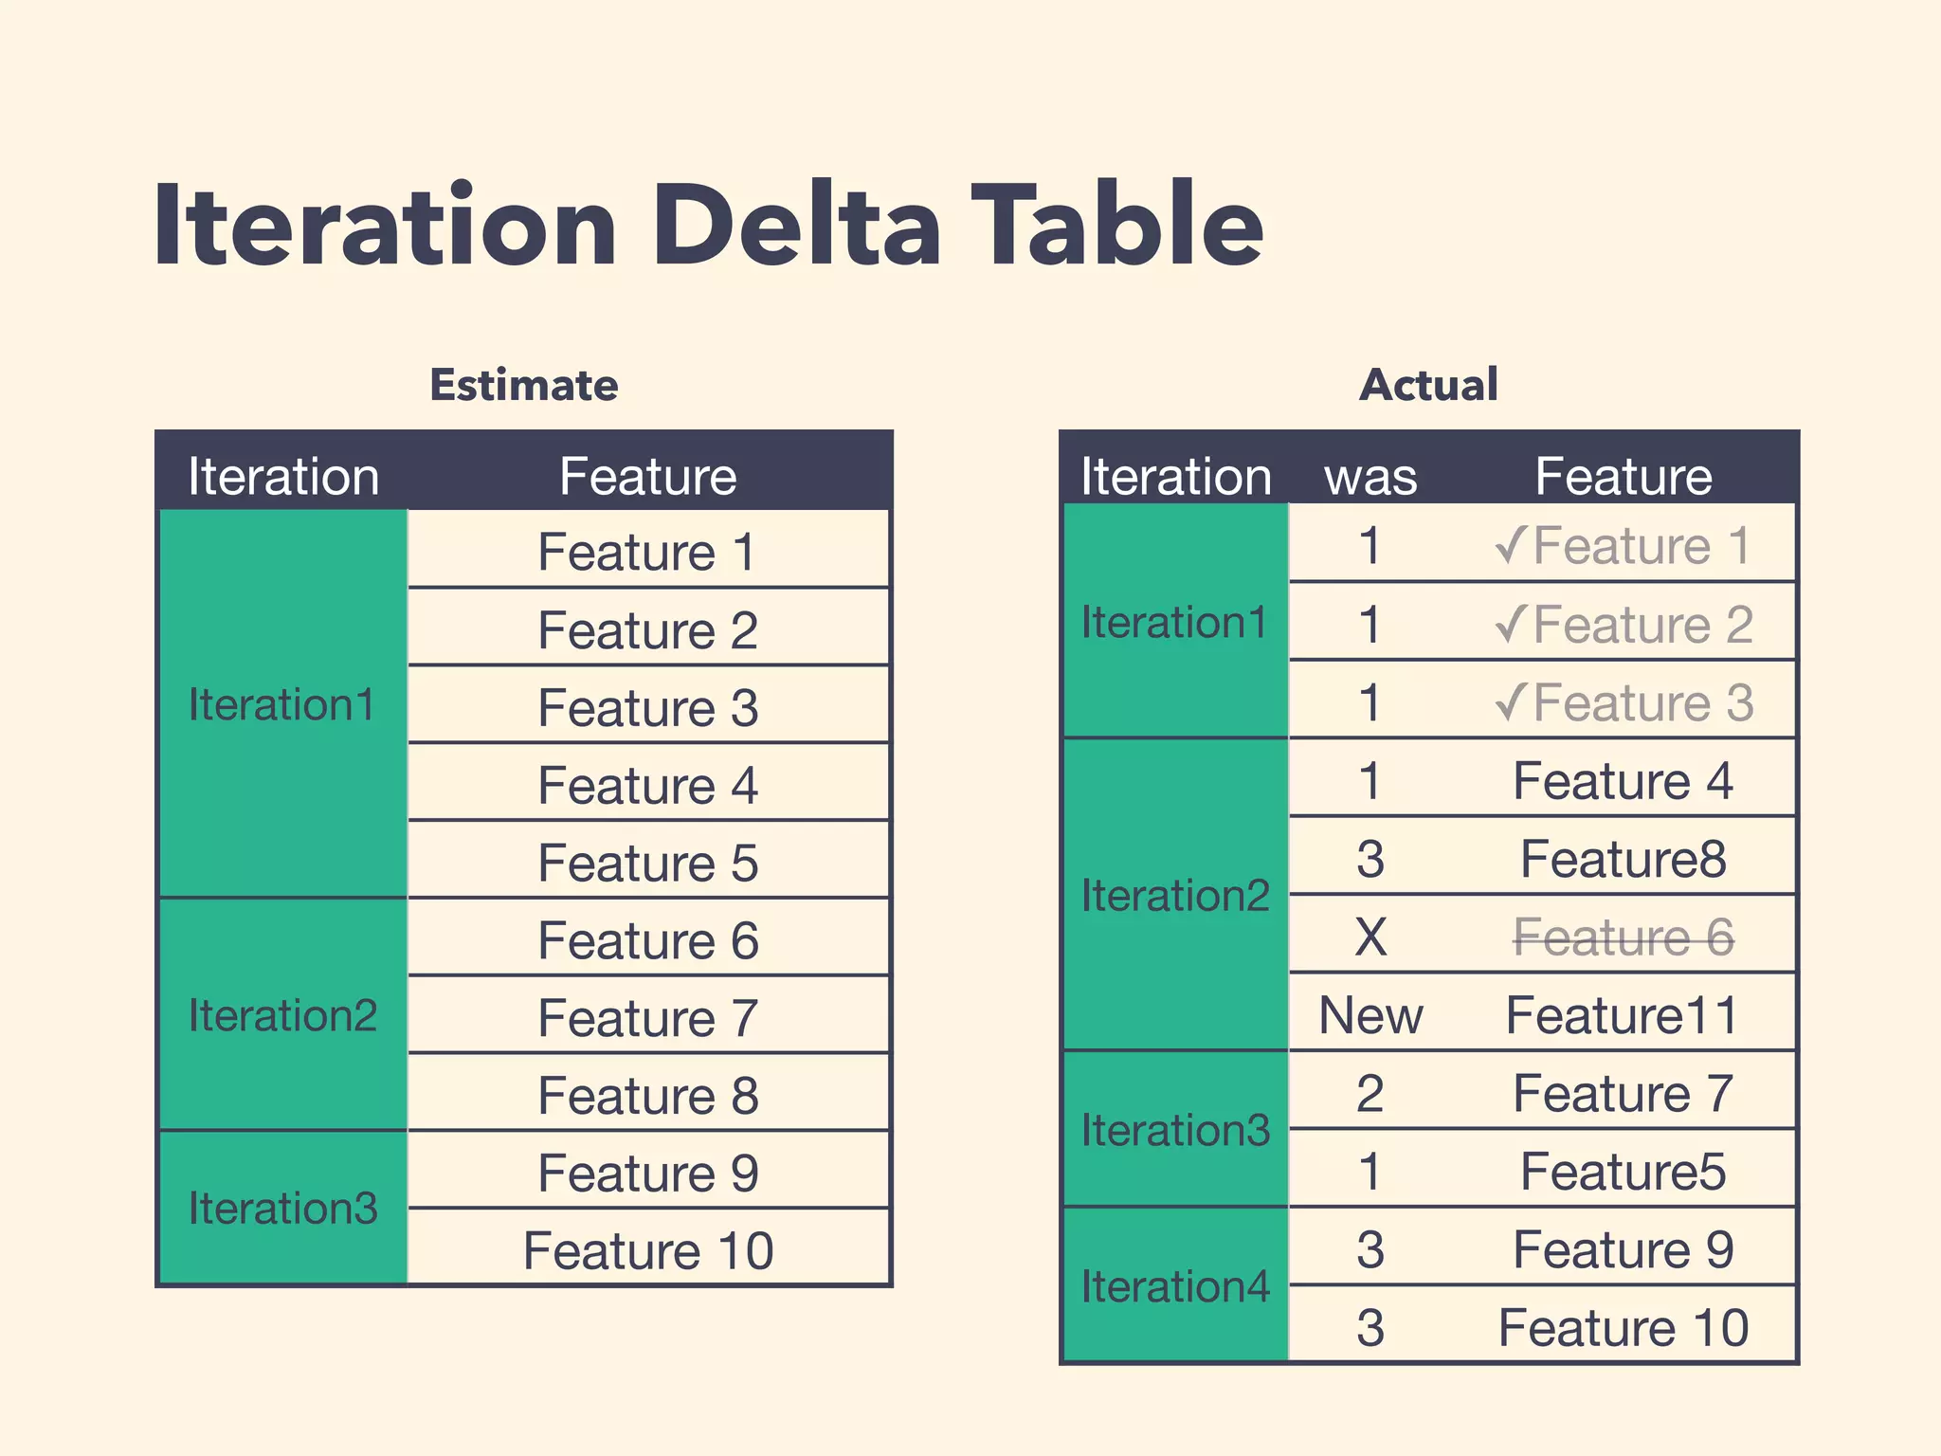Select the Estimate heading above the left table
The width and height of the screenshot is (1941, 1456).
click(523, 385)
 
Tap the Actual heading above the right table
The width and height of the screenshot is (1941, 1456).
click(1428, 385)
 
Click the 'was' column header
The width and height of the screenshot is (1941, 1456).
click(1370, 476)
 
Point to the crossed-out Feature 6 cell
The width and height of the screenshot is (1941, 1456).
click(1623, 937)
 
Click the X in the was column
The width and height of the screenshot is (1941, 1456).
click(1370, 937)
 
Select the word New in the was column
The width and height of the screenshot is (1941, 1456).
click(1370, 1015)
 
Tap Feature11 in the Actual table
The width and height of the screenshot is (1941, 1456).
click(1623, 1015)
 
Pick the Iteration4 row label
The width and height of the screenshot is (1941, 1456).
click(1174, 1286)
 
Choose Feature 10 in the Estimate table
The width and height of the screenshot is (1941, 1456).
click(648, 1250)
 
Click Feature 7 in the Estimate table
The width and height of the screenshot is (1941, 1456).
click(648, 1018)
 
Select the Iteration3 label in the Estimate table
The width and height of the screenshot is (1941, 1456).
click(282, 1208)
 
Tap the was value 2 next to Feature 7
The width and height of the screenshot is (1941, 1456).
click(1370, 1093)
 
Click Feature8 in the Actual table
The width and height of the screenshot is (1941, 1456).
click(1623, 859)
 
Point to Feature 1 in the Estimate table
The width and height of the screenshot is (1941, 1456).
click(648, 552)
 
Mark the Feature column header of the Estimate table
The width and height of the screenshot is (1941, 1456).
click(648, 476)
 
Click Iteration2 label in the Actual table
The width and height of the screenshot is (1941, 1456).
click(1174, 896)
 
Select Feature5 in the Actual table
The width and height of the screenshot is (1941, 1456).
click(1623, 1172)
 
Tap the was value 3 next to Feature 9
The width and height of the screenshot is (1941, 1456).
click(1370, 1249)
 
